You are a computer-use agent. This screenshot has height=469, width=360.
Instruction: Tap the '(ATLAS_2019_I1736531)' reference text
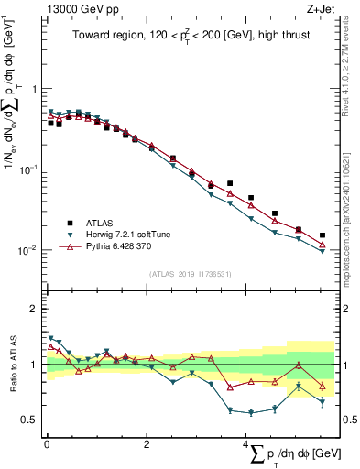pyautogui.click(x=190, y=273)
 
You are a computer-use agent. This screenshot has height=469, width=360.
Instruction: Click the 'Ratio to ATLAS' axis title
pyautogui.click(x=12, y=365)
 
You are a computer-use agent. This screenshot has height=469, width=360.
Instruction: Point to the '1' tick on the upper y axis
pyautogui.click(x=35, y=89)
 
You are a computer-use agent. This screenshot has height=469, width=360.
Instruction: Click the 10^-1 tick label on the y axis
pyautogui.click(x=30, y=169)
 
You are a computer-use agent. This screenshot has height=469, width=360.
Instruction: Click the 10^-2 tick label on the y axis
pyautogui.click(x=30, y=250)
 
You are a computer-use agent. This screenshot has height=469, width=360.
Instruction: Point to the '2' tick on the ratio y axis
pyautogui.click(x=35, y=309)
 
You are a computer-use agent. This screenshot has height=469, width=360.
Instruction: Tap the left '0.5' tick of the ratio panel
pyautogui.click(x=31, y=420)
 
